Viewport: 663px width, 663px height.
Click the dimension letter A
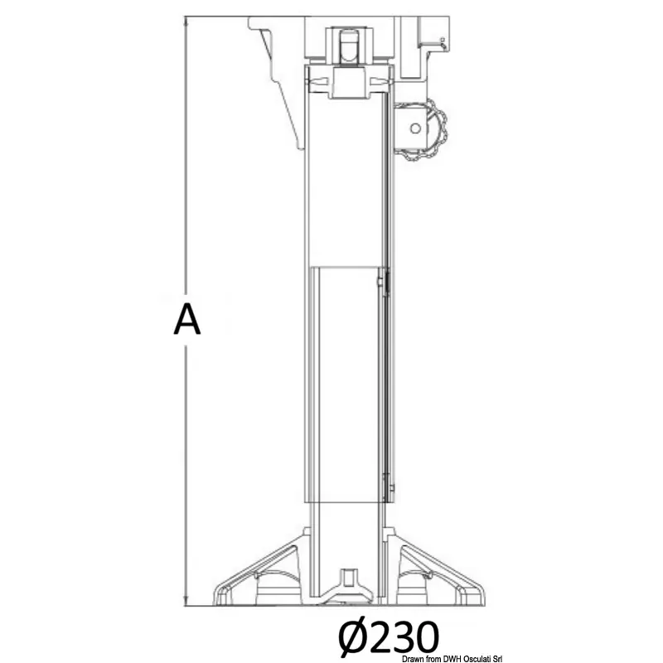[187, 319]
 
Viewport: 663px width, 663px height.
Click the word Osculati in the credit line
[478, 659]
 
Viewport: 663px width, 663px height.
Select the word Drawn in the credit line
[413, 659]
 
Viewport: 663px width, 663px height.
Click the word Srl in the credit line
[497, 659]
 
